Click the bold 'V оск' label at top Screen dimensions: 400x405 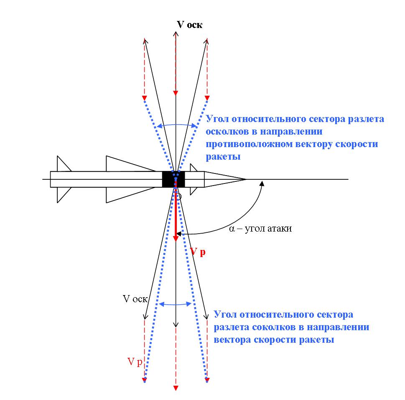pyautogui.click(x=190, y=25)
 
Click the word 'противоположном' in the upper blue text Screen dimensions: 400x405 pyautogui.click(x=246, y=145)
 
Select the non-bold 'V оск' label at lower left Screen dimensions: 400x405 pyautogui.click(x=135, y=299)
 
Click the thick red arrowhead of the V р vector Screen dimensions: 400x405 pyautogui.click(x=176, y=237)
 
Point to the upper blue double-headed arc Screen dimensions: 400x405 pyautogui.click(x=176, y=124)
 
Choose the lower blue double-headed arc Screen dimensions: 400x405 pyautogui.click(x=176, y=304)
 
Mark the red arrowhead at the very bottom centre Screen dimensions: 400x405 pyautogui.click(x=176, y=388)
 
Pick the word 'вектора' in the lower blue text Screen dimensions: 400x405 pyautogui.click(x=232, y=339)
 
